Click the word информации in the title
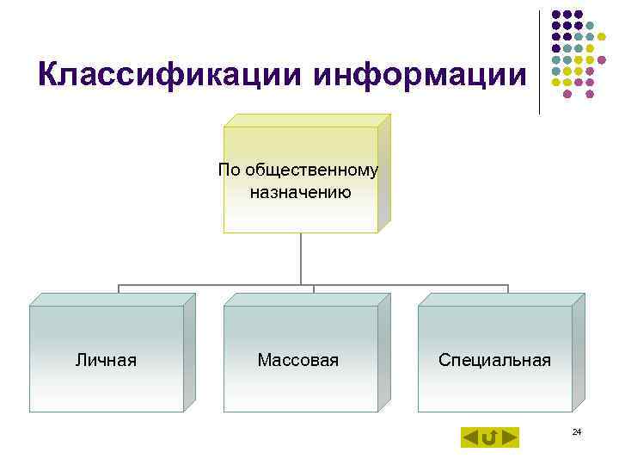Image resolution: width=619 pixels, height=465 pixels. click(x=420, y=75)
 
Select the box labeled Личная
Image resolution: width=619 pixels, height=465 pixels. click(x=107, y=359)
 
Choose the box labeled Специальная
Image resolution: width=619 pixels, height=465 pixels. click(x=494, y=359)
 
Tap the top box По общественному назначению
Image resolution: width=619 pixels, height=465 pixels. click(x=300, y=180)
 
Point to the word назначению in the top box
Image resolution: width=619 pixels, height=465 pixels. click(x=300, y=192)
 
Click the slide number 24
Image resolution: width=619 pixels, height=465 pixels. click(x=577, y=431)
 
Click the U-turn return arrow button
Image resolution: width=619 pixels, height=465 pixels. click(x=490, y=437)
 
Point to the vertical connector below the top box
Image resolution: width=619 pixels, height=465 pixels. click(x=301, y=258)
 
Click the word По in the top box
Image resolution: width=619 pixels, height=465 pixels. click(x=230, y=170)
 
